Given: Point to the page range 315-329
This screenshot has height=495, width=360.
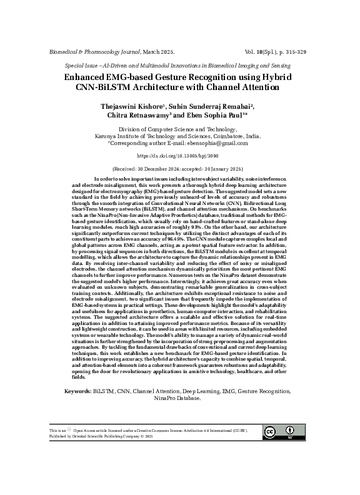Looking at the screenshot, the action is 292,52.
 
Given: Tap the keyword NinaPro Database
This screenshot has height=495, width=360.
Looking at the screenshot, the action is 179,399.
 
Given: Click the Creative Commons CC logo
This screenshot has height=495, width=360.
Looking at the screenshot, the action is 271,432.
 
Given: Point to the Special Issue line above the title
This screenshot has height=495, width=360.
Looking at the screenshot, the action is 179,65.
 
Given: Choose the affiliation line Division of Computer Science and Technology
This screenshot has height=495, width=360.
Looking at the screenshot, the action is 179,128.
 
